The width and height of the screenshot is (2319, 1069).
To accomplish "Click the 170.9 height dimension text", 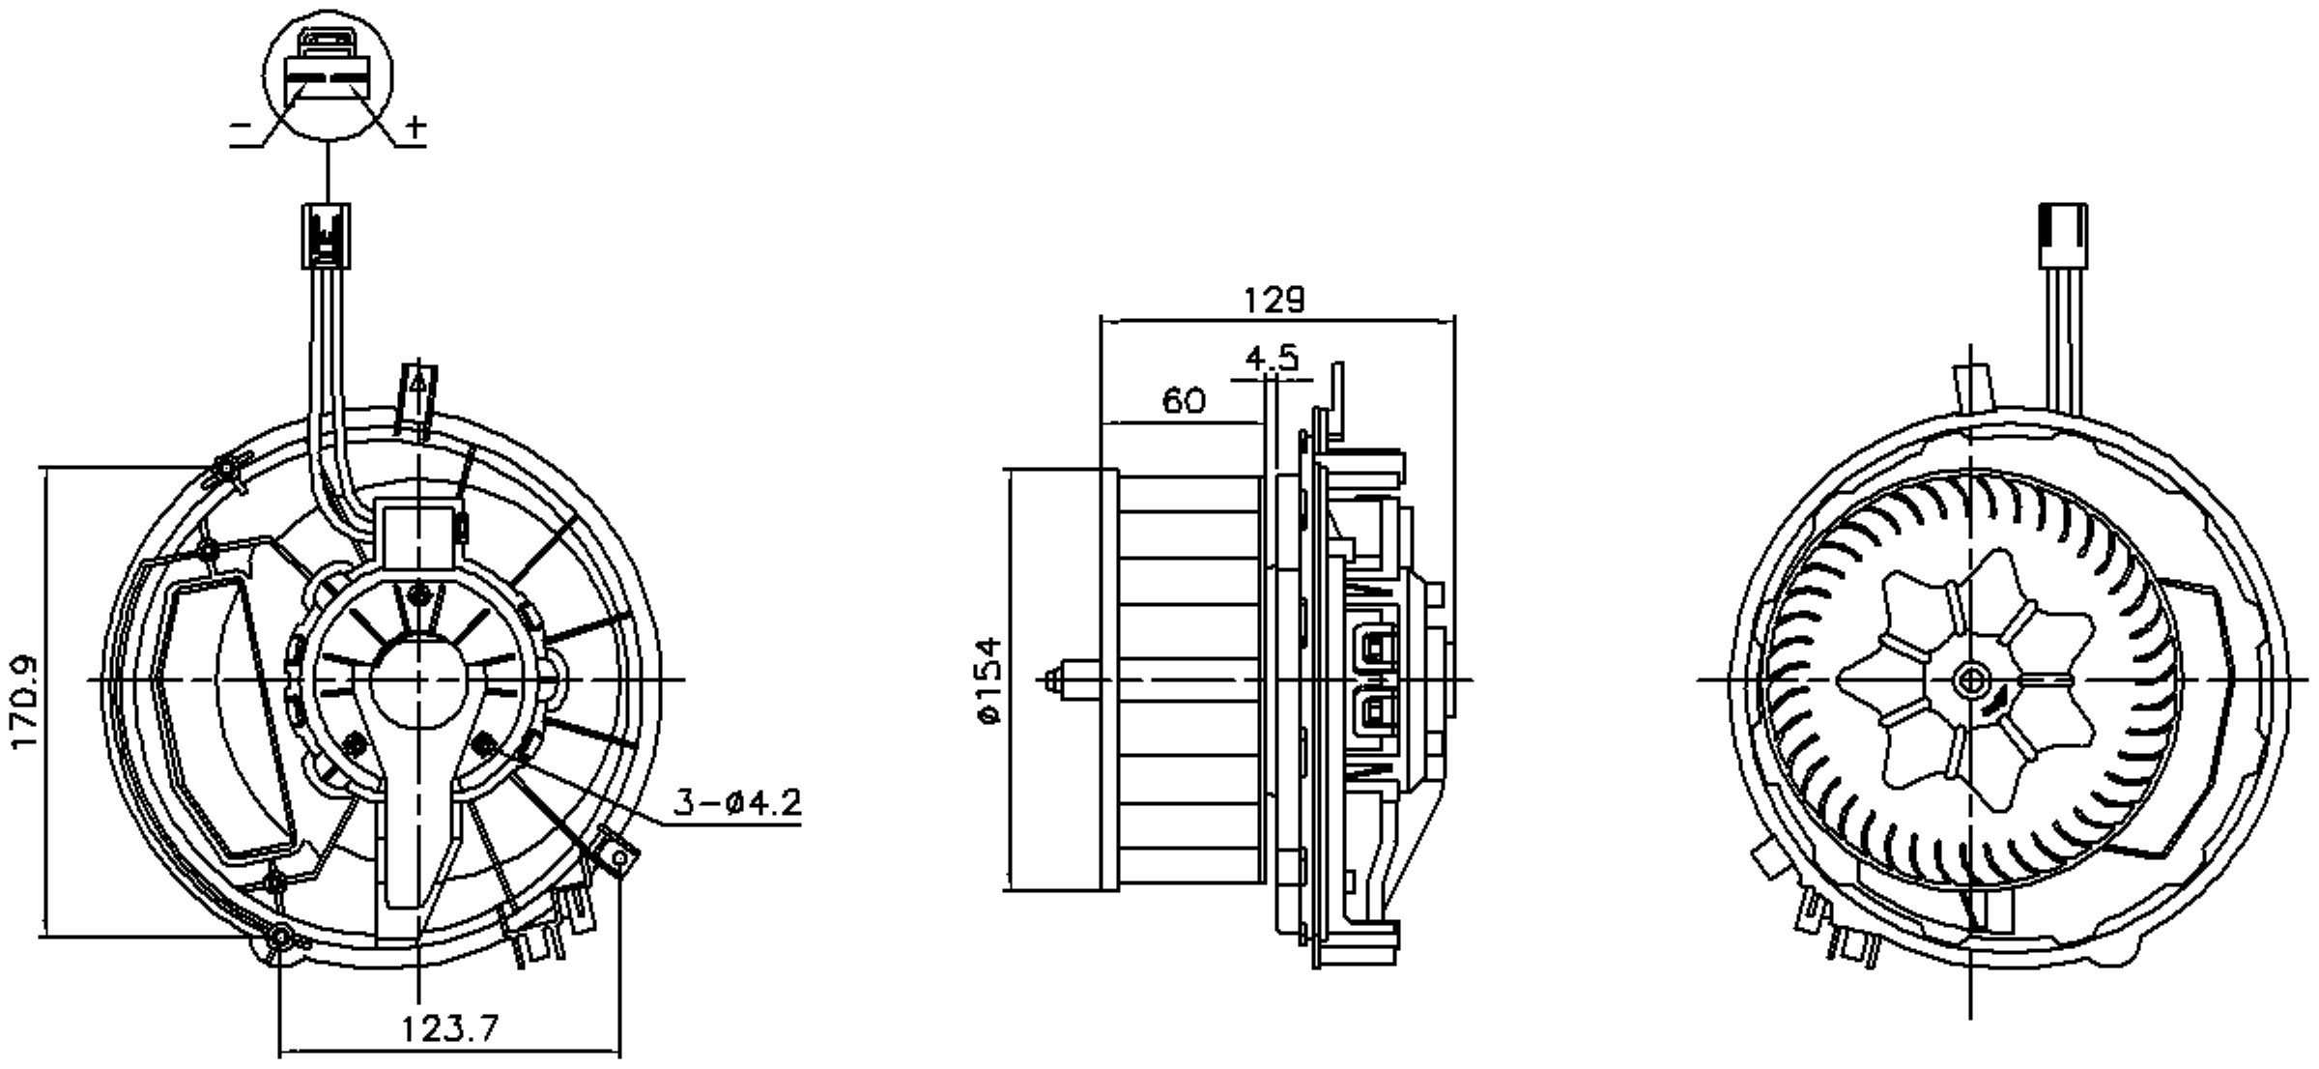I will pyautogui.click(x=24, y=702).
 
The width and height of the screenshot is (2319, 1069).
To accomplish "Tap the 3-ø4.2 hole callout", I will pyautogui.click(x=737, y=802).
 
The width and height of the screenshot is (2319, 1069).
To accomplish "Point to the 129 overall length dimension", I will pyautogui.click(x=1273, y=301).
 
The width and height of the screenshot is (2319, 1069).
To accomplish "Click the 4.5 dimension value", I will pyautogui.click(x=1272, y=359).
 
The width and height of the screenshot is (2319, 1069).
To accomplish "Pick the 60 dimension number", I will pyautogui.click(x=1184, y=400).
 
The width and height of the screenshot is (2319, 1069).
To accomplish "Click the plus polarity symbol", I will pyautogui.click(x=415, y=126).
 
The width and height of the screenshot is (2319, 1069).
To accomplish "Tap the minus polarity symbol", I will pyautogui.click(x=242, y=126).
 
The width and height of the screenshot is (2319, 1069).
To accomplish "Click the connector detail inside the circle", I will pyautogui.click(x=329, y=68).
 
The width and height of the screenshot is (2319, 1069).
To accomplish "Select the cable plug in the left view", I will pyautogui.click(x=328, y=235).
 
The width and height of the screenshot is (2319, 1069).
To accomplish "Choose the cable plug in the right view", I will pyautogui.click(x=2062, y=235).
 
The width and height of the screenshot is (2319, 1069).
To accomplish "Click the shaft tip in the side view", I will pyautogui.click(x=1055, y=681).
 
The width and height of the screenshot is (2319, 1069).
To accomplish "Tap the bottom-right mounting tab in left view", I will pyautogui.click(x=618, y=855).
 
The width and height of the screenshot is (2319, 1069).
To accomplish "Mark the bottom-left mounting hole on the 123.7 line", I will pyautogui.click(x=280, y=937).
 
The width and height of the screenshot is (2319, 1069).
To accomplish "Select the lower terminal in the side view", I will pyautogui.click(x=1376, y=715).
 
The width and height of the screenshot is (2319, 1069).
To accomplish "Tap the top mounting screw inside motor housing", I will pyautogui.click(x=418, y=593).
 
